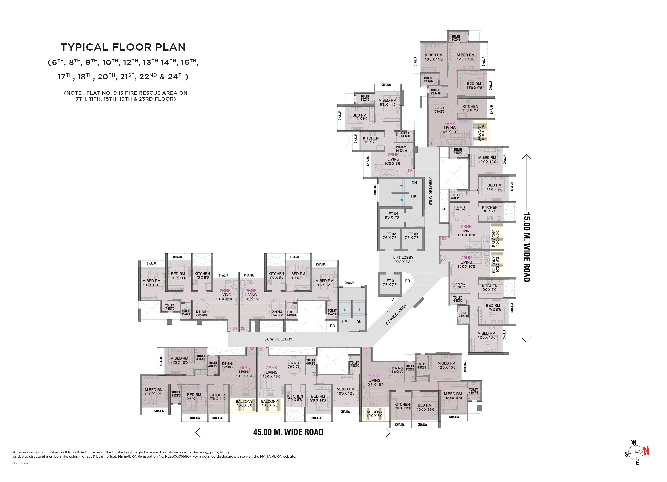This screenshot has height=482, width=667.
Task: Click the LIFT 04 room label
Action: (x=392, y=215)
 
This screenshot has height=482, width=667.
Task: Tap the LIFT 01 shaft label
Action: (x=389, y=282)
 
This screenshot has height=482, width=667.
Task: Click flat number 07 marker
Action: (x=432, y=144)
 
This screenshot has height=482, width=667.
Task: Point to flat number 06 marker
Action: (x=410, y=171)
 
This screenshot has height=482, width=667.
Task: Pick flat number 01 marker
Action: (x=365, y=350)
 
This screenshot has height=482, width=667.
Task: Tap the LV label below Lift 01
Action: (x=391, y=300)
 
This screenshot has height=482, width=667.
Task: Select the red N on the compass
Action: (x=646, y=451)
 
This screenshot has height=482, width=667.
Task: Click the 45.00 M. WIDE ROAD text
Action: (x=288, y=432)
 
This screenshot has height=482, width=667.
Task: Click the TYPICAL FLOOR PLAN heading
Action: (x=123, y=47)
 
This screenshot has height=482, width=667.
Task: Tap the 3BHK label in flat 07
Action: (x=450, y=123)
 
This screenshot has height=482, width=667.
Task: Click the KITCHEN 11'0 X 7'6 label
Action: (x=470, y=108)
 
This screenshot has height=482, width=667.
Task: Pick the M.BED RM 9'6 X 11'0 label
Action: (x=387, y=102)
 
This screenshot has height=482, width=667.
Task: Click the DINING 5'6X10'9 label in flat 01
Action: (x=397, y=370)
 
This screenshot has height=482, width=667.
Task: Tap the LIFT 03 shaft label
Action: (x=411, y=236)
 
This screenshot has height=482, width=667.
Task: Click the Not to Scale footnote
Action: (x=21, y=463)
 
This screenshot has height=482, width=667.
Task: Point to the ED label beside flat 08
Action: (x=444, y=209)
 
